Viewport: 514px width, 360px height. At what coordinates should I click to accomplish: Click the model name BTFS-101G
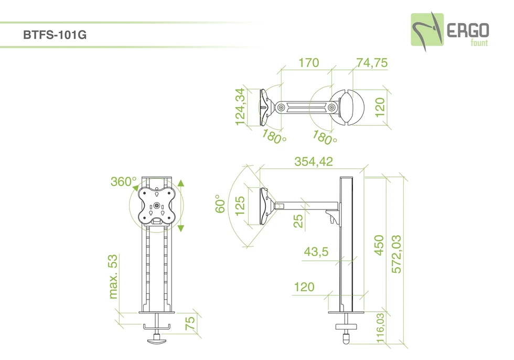[x=55, y=35]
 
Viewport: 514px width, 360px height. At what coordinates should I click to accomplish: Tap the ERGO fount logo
[x=450, y=32]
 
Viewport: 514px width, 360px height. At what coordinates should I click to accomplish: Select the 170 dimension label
[x=308, y=62]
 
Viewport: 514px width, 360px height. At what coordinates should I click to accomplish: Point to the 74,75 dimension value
[x=372, y=62]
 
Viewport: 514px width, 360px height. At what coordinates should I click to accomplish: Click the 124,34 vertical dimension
[x=240, y=107]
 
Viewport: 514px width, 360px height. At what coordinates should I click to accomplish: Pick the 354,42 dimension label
[x=314, y=161]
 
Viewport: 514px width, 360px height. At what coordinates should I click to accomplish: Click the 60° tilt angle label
[x=220, y=204]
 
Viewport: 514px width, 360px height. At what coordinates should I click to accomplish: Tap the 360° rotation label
[x=123, y=181]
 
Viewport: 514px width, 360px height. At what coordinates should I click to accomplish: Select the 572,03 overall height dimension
[x=397, y=254]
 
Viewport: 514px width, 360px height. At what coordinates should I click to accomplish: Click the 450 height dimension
[x=379, y=245]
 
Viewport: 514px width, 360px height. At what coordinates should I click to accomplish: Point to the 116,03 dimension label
[x=380, y=328]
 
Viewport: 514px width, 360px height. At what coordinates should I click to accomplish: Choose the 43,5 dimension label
[x=316, y=251]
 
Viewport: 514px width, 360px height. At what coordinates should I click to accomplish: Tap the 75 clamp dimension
[x=190, y=323]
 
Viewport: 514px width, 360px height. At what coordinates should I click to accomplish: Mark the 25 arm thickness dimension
[x=298, y=221]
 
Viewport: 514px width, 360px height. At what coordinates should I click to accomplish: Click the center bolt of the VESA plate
[x=157, y=206]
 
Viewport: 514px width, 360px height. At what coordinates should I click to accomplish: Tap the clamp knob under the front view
[x=157, y=340]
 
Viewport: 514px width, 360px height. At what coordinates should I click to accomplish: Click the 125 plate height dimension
[x=240, y=206]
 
